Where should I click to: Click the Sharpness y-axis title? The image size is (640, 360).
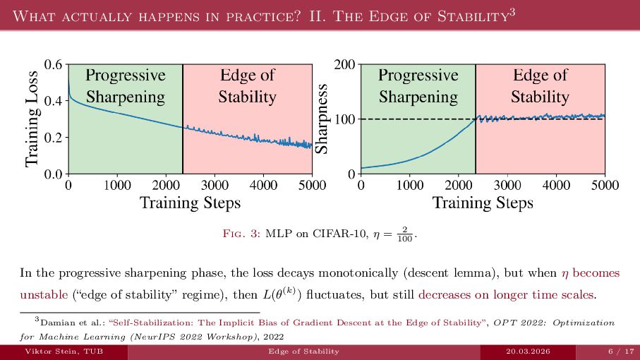(322, 119)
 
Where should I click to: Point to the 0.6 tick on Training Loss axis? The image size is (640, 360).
(54, 65)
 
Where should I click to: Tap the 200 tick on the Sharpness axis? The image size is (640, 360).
(344, 65)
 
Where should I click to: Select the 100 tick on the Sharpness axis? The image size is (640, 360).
(344, 119)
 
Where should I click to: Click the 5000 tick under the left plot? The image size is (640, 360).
(312, 186)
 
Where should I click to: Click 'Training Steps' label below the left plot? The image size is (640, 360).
(190, 203)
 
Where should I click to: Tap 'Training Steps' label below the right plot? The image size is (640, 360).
(483, 203)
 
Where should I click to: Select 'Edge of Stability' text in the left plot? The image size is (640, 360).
(247, 85)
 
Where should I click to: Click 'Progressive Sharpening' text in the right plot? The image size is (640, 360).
(418, 85)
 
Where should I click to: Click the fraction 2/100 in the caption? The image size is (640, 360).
(404, 234)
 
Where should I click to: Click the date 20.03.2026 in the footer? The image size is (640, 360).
(529, 351)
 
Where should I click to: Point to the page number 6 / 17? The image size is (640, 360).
(618, 351)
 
